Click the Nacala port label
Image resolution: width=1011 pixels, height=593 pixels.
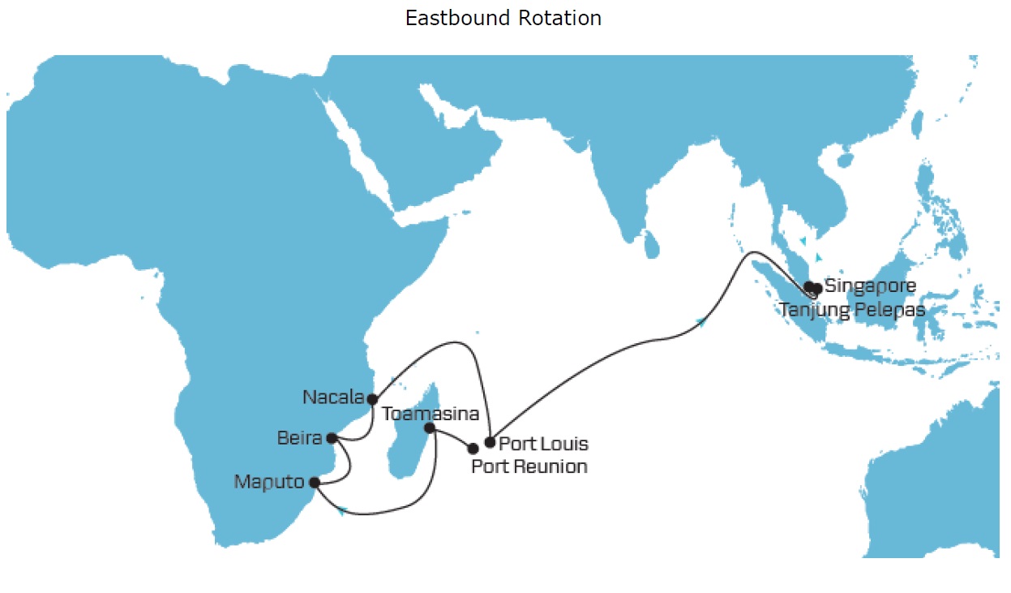pos(332,397)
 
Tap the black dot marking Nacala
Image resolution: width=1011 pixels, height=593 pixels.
pos(372,399)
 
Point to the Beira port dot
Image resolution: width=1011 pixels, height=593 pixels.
pos(331,438)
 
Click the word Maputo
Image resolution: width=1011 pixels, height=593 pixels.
pos(269,482)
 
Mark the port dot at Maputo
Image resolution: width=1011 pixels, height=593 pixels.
pos(315,483)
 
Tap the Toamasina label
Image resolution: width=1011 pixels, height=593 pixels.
pos(431,414)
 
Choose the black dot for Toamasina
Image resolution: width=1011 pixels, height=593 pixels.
pos(430,428)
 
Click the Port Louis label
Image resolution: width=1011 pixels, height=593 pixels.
pos(543,445)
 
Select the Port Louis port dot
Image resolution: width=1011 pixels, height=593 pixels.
pos(489,442)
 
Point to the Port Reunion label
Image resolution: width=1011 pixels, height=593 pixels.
pos(529,466)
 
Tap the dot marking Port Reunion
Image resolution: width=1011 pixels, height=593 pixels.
pos(473,449)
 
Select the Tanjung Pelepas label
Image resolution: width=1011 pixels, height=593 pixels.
pos(851,310)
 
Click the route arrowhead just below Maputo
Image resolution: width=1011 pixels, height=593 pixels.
pos(344,511)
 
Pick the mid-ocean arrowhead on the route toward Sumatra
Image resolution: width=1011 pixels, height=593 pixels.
pos(701,323)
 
